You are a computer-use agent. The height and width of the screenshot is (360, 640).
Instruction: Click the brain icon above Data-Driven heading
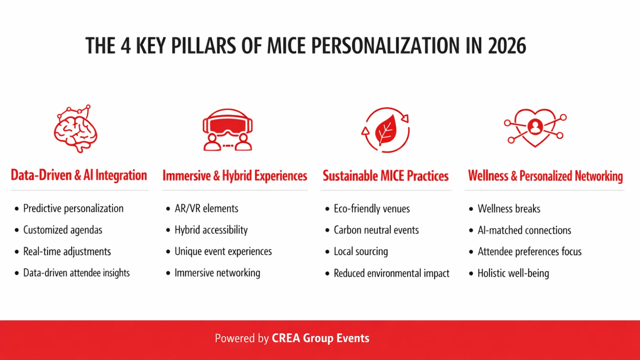tap(76, 130)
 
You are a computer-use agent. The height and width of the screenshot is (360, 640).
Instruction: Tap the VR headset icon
tap(227, 130)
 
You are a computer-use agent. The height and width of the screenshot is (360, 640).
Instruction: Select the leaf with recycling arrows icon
tap(385, 130)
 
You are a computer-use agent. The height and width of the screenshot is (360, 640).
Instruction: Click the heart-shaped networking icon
tap(535, 127)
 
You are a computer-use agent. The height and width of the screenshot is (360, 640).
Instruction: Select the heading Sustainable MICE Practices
tap(385, 176)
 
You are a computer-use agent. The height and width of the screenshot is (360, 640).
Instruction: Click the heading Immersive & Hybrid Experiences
tap(235, 176)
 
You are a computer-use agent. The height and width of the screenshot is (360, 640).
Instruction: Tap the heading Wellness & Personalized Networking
tap(545, 176)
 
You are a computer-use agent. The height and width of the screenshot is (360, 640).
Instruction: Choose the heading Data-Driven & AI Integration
tap(79, 175)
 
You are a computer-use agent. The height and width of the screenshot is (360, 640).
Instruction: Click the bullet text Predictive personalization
tap(73, 208)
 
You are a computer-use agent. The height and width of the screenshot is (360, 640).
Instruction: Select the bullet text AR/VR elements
tap(206, 208)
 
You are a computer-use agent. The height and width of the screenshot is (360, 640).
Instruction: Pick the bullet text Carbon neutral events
tap(376, 230)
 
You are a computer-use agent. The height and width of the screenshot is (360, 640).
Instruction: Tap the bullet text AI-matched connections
tap(524, 230)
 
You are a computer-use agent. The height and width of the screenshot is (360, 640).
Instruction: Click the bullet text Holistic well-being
tap(513, 273)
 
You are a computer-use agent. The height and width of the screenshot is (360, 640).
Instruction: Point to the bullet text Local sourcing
tap(360, 252)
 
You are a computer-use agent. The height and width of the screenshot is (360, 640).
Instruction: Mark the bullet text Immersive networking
tap(217, 273)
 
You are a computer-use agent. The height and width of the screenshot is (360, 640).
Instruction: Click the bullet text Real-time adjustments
tap(67, 252)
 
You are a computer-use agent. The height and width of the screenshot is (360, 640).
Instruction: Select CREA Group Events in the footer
tap(320, 338)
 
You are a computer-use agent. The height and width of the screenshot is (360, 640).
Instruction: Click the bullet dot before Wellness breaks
tap(471, 209)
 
